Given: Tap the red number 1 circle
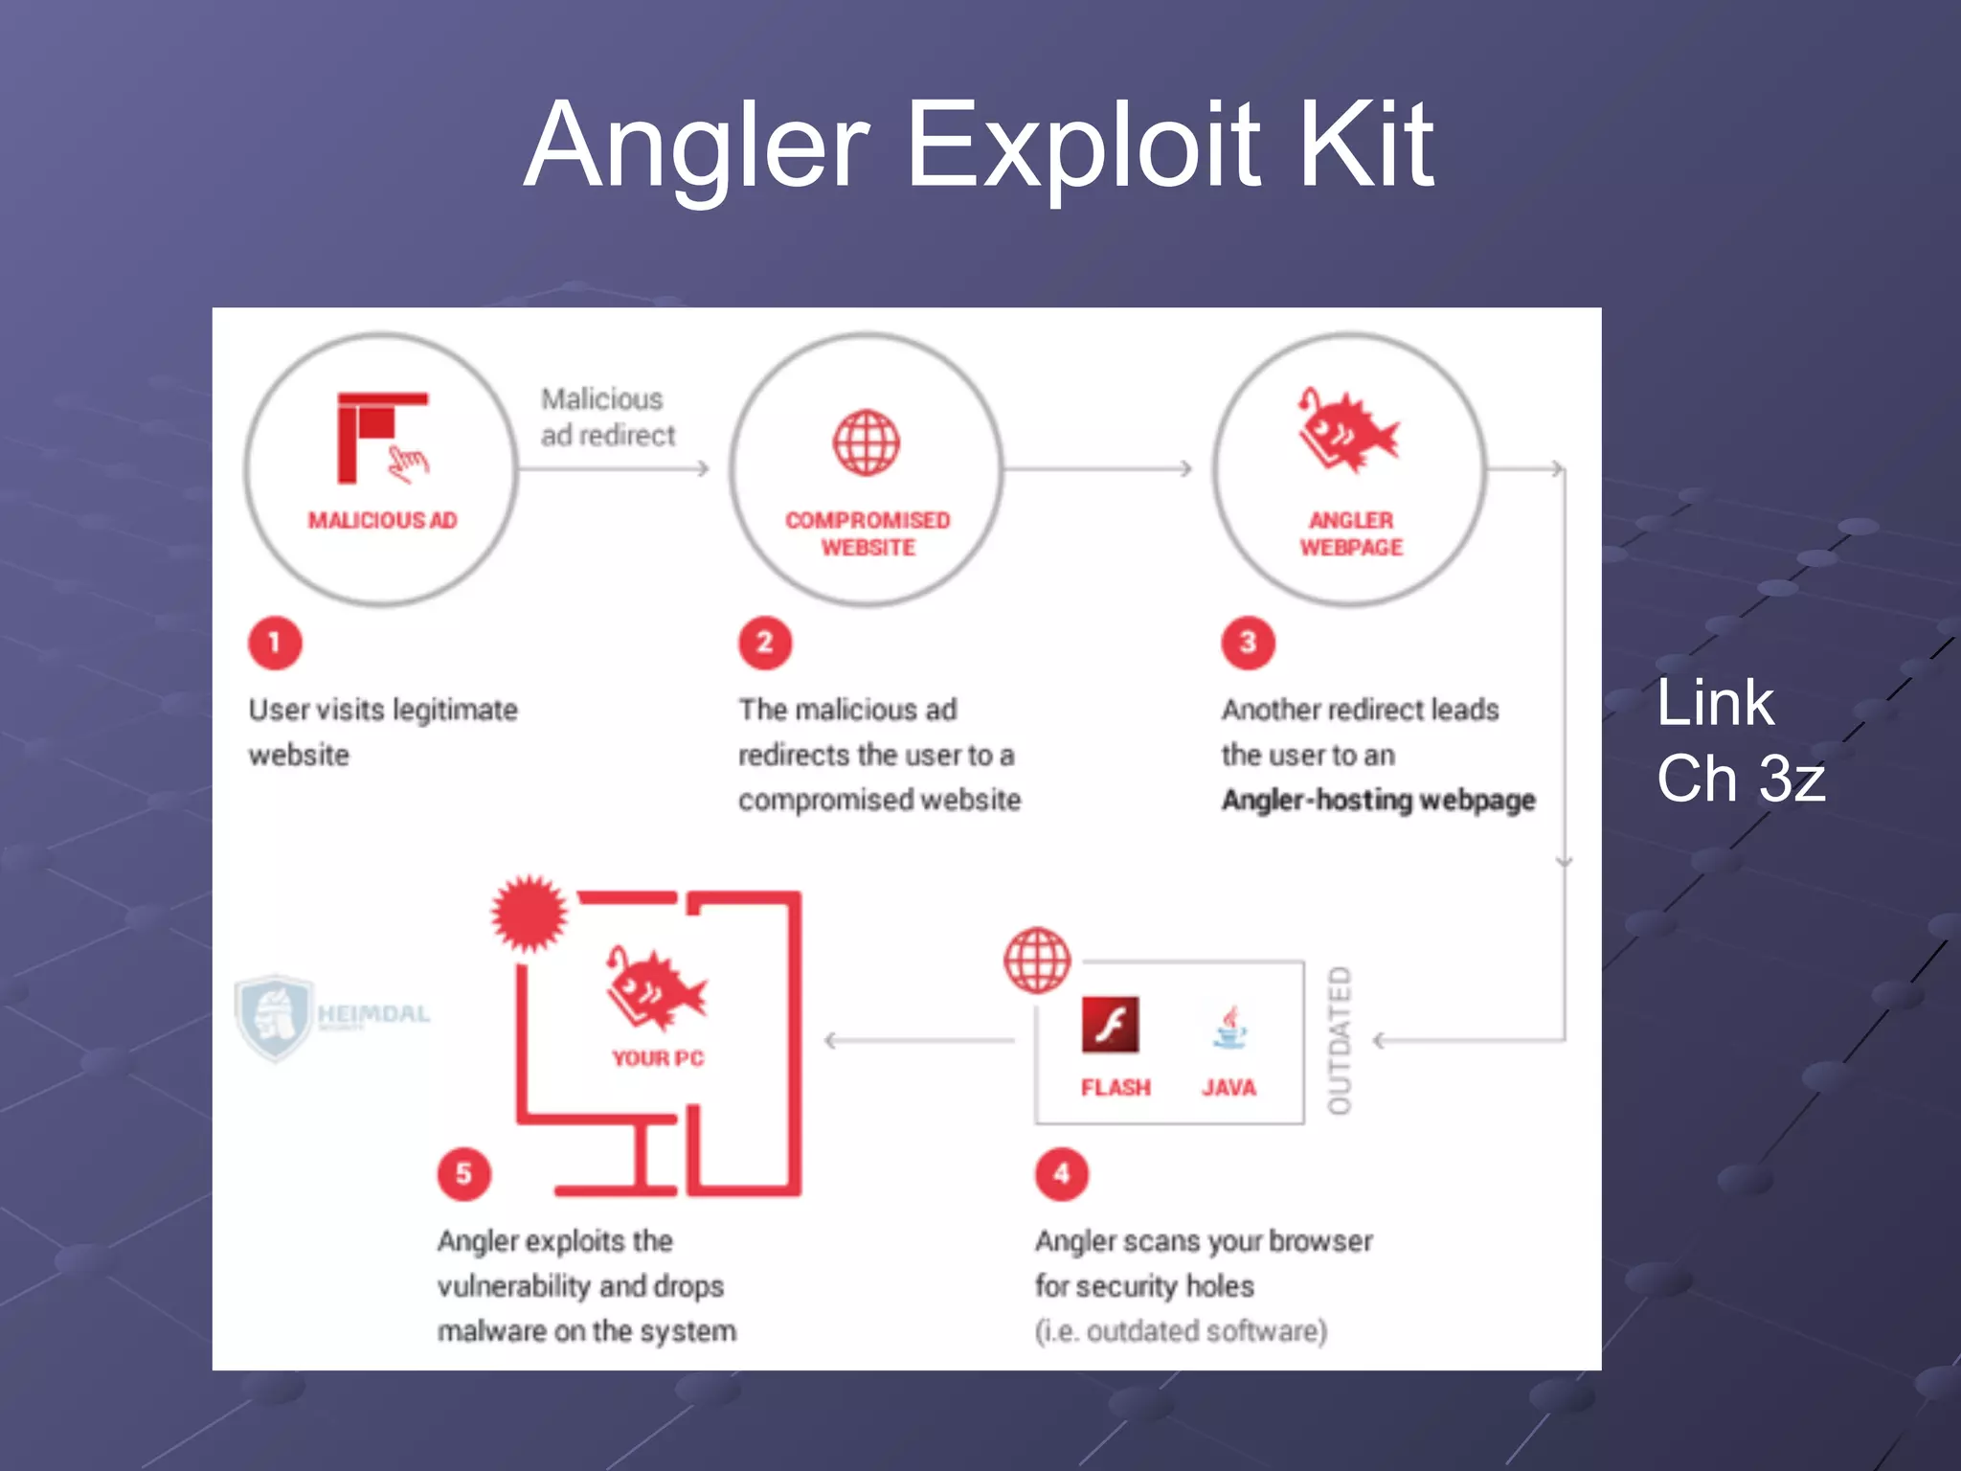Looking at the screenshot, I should click(275, 643).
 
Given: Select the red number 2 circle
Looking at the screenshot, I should click(765, 643).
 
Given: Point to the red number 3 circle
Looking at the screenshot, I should click(1248, 643).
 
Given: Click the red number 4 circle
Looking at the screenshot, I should click(1062, 1174).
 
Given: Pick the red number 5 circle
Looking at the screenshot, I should click(463, 1174).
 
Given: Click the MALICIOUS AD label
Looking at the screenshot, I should click(382, 520).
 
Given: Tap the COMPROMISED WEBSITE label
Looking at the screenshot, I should click(868, 533).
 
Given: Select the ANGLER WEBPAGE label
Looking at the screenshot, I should click(1351, 533).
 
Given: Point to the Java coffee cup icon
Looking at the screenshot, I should click(1229, 1028).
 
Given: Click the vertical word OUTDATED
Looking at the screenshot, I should click(1340, 1040).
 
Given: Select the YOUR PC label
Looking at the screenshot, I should click(658, 1058).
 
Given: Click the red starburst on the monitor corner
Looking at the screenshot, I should click(529, 913).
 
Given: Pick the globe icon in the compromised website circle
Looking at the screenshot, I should click(866, 443).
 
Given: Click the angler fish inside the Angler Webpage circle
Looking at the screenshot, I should click(1347, 431).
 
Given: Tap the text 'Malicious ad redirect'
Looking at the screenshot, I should click(607, 418).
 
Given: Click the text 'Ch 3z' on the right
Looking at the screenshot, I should click(1740, 778).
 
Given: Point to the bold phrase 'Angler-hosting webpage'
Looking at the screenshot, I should click(1378, 800).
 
